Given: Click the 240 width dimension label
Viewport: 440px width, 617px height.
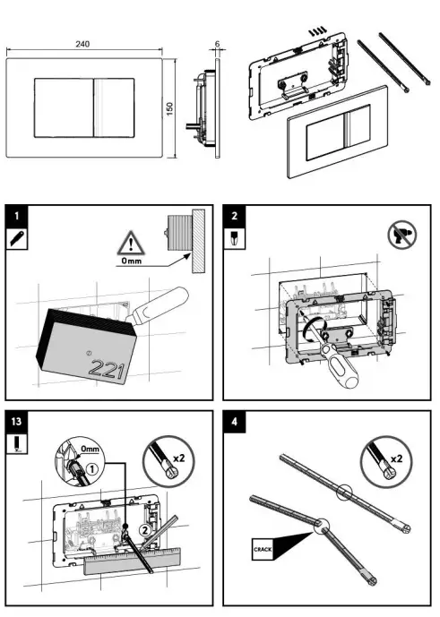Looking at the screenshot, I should coord(82,44).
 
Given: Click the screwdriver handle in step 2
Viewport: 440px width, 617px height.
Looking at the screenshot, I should coord(345,368).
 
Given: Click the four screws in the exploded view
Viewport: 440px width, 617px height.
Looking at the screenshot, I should coord(315,30).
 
